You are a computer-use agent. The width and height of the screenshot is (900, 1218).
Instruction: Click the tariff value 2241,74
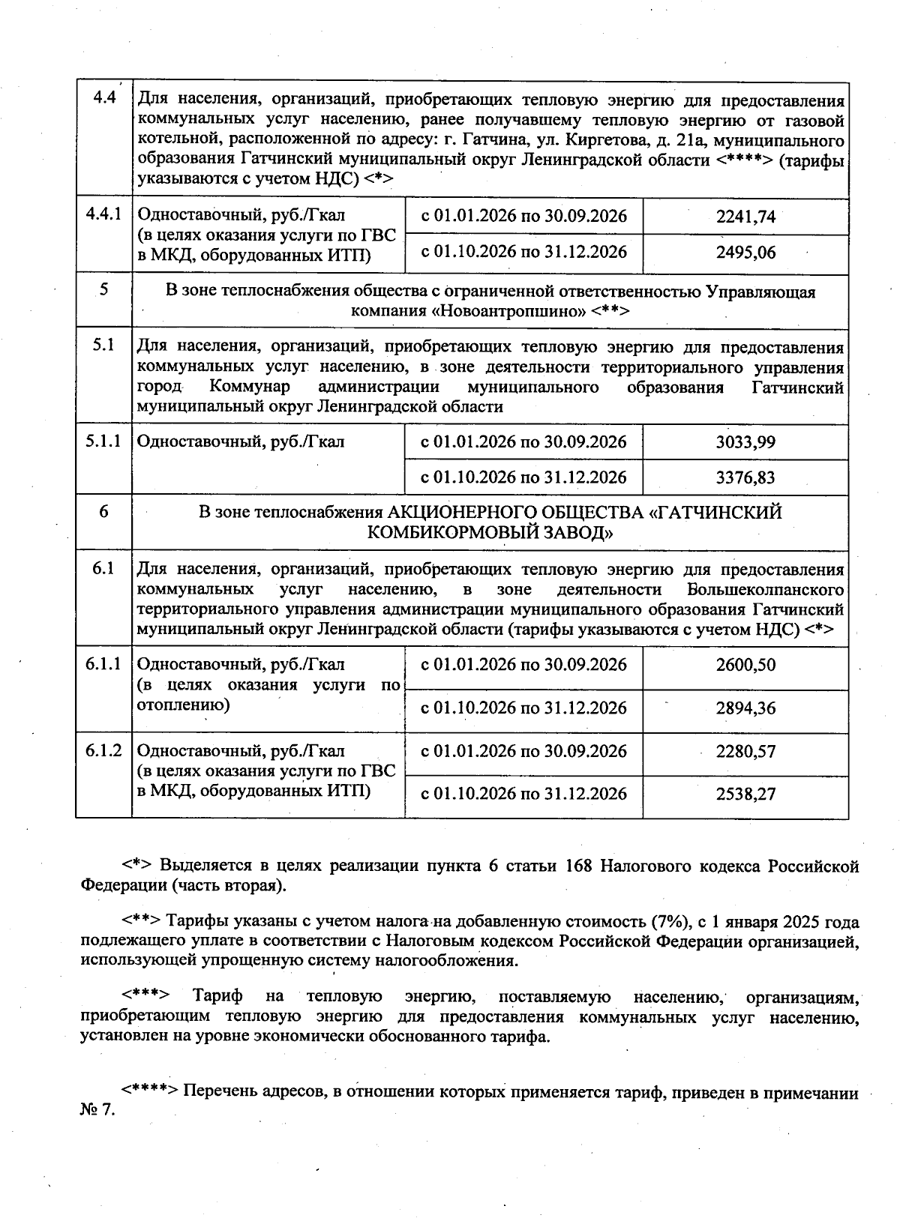point(745,217)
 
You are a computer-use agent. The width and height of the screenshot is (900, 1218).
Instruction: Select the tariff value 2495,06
point(745,253)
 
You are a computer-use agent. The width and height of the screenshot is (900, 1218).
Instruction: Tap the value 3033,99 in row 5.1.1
point(745,442)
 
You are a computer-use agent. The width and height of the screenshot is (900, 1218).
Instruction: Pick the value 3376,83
point(745,477)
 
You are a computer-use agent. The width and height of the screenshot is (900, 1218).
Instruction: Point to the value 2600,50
point(745,665)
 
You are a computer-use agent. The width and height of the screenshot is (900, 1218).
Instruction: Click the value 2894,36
point(745,708)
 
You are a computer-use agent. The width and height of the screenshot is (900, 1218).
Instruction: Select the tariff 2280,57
point(745,751)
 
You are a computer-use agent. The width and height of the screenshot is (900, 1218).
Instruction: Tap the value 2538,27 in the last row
point(745,794)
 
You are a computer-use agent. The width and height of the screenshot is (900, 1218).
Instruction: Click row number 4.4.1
point(103,214)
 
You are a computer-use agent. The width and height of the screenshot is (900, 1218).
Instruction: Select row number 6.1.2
point(103,750)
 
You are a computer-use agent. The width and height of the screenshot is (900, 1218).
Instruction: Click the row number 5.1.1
point(103,441)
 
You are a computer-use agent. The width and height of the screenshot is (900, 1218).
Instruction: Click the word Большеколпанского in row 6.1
point(765,589)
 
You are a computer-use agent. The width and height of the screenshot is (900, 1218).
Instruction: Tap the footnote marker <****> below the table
point(150,1092)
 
